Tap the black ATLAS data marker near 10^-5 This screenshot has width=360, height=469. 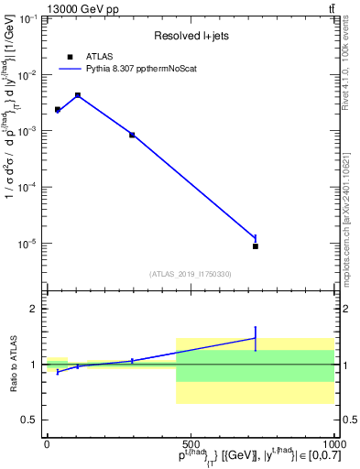(256, 246)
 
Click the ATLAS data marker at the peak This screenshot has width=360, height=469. (78, 95)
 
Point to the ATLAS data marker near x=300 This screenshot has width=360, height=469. (132, 135)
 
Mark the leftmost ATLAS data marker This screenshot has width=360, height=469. (57, 109)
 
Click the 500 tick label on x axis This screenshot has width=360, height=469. (190, 443)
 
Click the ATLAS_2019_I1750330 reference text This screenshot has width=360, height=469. (190, 274)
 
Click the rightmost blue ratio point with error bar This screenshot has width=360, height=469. (256, 338)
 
